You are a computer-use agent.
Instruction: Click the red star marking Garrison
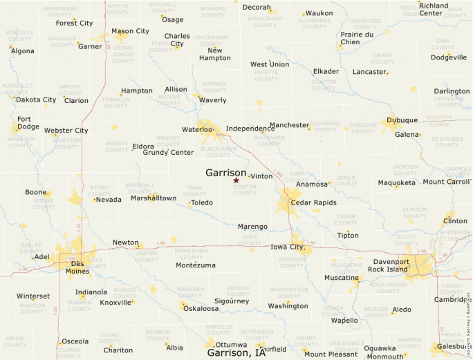tap(236, 180)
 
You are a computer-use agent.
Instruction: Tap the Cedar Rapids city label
tap(313, 202)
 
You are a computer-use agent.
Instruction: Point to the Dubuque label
tap(402, 120)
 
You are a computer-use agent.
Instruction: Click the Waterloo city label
tap(197, 129)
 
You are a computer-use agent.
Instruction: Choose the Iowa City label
tap(287, 247)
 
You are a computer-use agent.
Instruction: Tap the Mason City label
tap(130, 31)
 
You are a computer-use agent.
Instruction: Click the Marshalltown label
tap(154, 198)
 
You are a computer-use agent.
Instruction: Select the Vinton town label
tap(261, 176)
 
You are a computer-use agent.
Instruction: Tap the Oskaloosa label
tap(201, 308)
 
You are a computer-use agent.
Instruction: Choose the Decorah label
tap(256, 7)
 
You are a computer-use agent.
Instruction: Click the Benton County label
tap(245, 189)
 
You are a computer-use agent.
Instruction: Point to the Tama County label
tap(196, 189)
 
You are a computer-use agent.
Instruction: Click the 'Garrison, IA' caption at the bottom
tap(236, 352)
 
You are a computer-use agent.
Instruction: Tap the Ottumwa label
tap(231, 344)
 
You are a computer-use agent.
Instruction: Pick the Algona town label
tap(22, 51)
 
